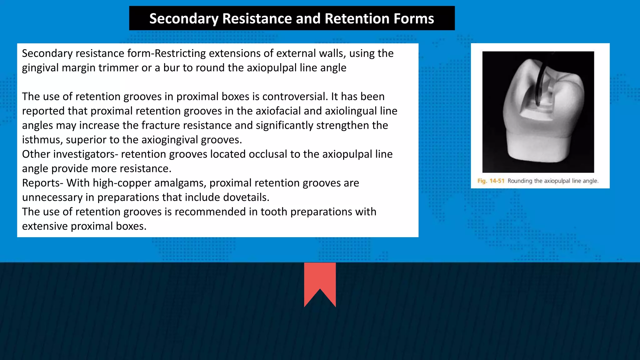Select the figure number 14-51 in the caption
[497, 181]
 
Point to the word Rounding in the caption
[520, 181]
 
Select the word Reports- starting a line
[43, 183]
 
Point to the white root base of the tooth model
[538, 150]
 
